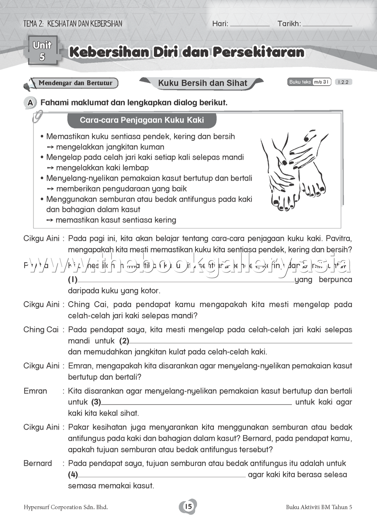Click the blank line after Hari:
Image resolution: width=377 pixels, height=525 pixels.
click(x=250, y=24)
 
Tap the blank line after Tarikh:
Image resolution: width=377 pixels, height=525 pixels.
click(x=327, y=24)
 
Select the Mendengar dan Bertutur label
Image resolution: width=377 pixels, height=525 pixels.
click(x=75, y=83)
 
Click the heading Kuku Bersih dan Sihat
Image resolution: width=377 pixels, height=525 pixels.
click(x=202, y=83)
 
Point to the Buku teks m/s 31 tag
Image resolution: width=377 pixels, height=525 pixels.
click(x=309, y=82)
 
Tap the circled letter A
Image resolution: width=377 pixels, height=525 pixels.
click(x=30, y=103)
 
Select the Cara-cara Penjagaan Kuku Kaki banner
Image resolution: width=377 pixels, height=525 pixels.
click(x=142, y=120)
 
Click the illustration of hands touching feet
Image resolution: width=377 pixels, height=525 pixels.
click(x=295, y=169)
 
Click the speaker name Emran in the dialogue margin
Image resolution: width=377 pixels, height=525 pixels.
click(x=35, y=391)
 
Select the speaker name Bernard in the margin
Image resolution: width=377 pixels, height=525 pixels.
click(x=38, y=463)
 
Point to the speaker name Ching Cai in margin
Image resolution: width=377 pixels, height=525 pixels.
click(x=41, y=330)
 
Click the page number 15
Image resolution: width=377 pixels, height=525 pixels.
click(x=188, y=507)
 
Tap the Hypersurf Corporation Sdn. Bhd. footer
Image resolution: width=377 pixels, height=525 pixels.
click(x=66, y=507)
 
